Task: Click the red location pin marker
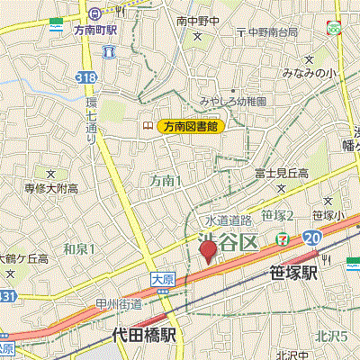tap(207, 250)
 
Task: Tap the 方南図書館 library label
tap(189, 127)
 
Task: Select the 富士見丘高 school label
tap(282, 173)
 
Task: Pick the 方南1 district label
tap(166, 181)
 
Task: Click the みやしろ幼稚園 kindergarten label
tap(233, 102)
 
